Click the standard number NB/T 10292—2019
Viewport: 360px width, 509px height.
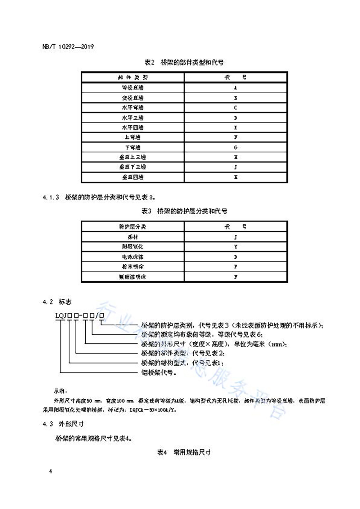[x=68, y=46]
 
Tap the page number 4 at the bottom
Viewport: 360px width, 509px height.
[x=51, y=471]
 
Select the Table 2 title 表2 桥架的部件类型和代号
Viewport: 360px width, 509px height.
[x=184, y=62]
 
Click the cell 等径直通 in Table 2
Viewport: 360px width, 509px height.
[x=132, y=88]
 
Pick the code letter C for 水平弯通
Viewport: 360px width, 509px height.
[x=236, y=108]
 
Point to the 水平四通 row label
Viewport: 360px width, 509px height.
[x=132, y=128]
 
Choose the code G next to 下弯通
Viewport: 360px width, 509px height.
[x=236, y=147]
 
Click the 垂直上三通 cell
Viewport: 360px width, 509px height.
[x=132, y=157]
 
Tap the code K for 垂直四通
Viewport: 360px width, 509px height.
[x=236, y=177]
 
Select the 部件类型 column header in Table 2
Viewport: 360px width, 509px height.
[x=132, y=77]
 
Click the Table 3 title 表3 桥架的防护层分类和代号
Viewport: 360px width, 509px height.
[x=184, y=211]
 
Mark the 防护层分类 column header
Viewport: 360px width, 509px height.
[x=132, y=227]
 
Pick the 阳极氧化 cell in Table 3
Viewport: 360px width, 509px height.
[x=132, y=247]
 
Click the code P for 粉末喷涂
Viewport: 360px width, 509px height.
[x=236, y=267]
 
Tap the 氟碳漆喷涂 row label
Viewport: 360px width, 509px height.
[x=132, y=277]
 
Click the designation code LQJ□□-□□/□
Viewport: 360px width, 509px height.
[x=80, y=316]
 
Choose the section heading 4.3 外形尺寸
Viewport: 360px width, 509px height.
[x=63, y=424]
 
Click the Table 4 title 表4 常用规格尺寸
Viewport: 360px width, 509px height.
[x=184, y=452]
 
